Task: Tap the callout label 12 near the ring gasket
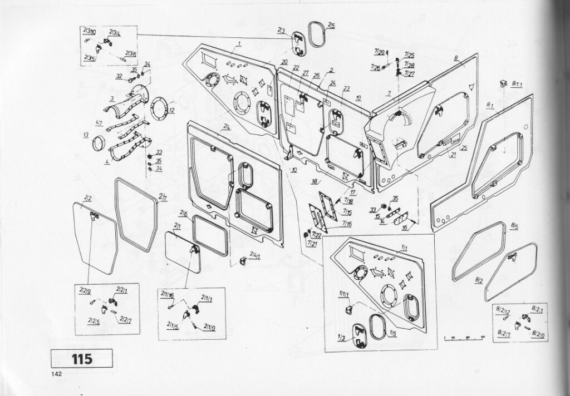pos(172,111)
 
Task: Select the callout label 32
pos(119,76)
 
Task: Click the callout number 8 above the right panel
pos(455,58)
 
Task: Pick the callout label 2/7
pos(163,195)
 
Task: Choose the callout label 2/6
pos(183,214)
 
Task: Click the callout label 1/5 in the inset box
pos(392,333)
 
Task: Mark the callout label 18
pos(315,181)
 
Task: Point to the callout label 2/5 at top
pos(331,26)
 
